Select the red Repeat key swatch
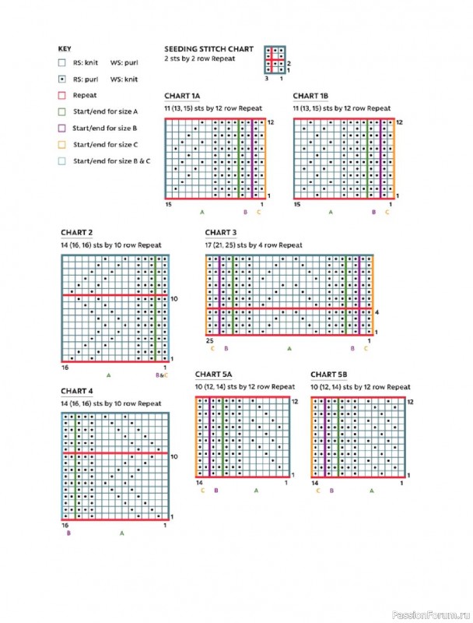tap(61, 94)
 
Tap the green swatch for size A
tap(61, 111)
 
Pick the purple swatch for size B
tap(61, 128)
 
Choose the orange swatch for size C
tap(61, 144)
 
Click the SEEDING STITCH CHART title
tap(208, 48)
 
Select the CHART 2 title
tap(77, 233)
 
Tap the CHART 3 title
tap(221, 233)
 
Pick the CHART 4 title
tap(77, 391)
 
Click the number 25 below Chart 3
tap(209, 340)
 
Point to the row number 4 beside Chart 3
tap(377, 313)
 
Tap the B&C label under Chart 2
tap(162, 375)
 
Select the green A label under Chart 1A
tap(202, 212)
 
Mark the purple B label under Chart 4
tap(68, 533)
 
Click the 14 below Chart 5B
tap(315, 483)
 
